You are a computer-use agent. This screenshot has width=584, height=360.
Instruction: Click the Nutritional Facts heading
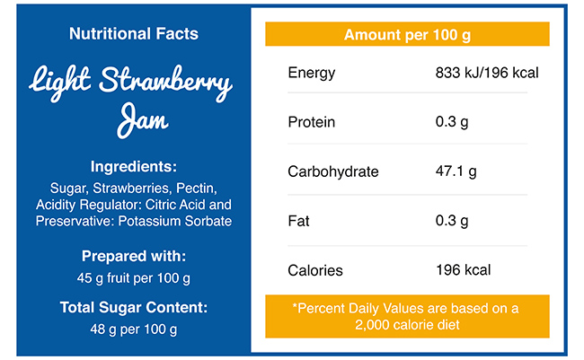click(x=134, y=34)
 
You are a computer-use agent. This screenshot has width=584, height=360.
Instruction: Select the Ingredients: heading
click(x=134, y=166)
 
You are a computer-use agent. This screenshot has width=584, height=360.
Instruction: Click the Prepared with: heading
click(x=134, y=255)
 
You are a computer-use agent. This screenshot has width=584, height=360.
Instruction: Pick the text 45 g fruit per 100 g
click(x=134, y=277)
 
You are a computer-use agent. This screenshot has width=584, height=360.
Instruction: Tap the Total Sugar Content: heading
click(x=134, y=307)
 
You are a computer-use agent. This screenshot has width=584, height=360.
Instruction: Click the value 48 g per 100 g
click(x=134, y=329)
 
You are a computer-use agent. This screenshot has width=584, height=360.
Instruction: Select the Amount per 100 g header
click(x=407, y=35)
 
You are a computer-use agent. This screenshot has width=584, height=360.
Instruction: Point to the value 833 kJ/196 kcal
click(x=486, y=73)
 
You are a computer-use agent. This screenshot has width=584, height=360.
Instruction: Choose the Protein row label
click(x=311, y=122)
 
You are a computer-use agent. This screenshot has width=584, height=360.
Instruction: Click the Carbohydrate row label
click(x=333, y=171)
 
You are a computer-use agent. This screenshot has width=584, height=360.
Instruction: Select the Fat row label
click(x=298, y=221)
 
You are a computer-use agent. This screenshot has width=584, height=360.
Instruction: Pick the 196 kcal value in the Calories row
click(x=463, y=270)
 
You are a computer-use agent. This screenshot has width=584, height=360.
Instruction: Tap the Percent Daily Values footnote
click(x=407, y=316)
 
